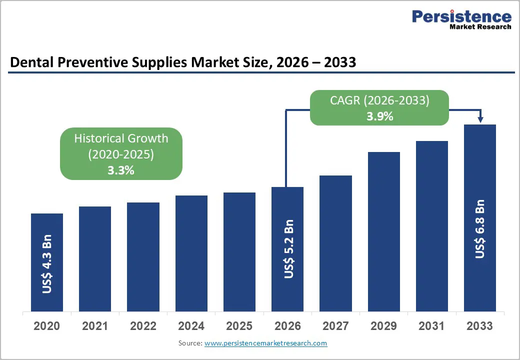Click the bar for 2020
[x=47, y=262]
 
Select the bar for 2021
[x=95, y=258]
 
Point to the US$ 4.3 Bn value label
[x=47, y=263]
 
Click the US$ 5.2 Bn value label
[x=288, y=248]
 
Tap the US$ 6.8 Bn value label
[x=480, y=229]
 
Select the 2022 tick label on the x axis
[x=143, y=326]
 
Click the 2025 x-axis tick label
[x=239, y=326]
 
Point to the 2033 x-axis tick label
[x=479, y=326]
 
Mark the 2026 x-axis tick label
[x=287, y=326]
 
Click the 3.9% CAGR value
[x=379, y=116]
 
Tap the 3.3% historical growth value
[x=121, y=170]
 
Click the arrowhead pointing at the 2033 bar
[x=480, y=119]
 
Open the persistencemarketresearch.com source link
[x=265, y=343]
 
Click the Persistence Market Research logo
[x=461, y=19]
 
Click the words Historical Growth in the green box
[x=121, y=138]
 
